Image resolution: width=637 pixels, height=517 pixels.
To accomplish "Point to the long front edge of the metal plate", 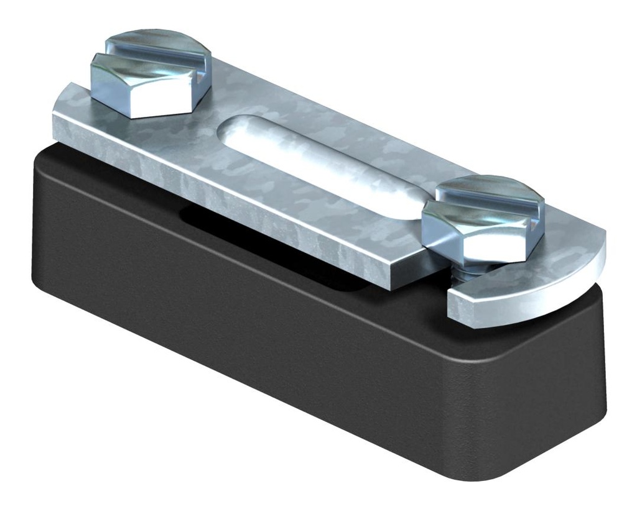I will point(236,205).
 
